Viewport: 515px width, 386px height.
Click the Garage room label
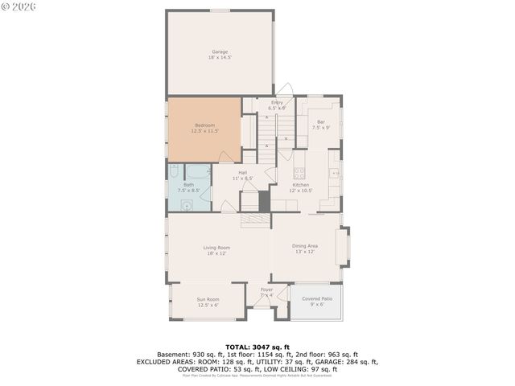click(x=220, y=51)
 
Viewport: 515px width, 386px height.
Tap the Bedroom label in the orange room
click(x=204, y=125)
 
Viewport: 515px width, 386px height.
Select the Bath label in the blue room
click(x=188, y=184)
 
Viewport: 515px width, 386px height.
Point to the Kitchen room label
click(x=300, y=184)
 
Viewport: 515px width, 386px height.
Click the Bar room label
click(x=320, y=121)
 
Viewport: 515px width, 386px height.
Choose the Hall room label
click(x=242, y=172)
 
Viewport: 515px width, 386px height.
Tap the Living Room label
click(x=217, y=247)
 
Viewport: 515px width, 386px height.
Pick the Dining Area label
click(x=304, y=245)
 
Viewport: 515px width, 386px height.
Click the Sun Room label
click(x=208, y=299)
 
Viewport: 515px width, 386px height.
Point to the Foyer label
click(x=266, y=289)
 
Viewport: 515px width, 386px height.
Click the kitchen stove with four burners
click(x=299, y=171)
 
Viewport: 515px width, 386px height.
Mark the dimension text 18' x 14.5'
click(x=220, y=58)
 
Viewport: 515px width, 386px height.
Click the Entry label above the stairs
click(x=277, y=102)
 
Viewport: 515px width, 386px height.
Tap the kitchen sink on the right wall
click(x=335, y=171)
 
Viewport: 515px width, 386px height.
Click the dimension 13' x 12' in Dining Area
click(x=304, y=252)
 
